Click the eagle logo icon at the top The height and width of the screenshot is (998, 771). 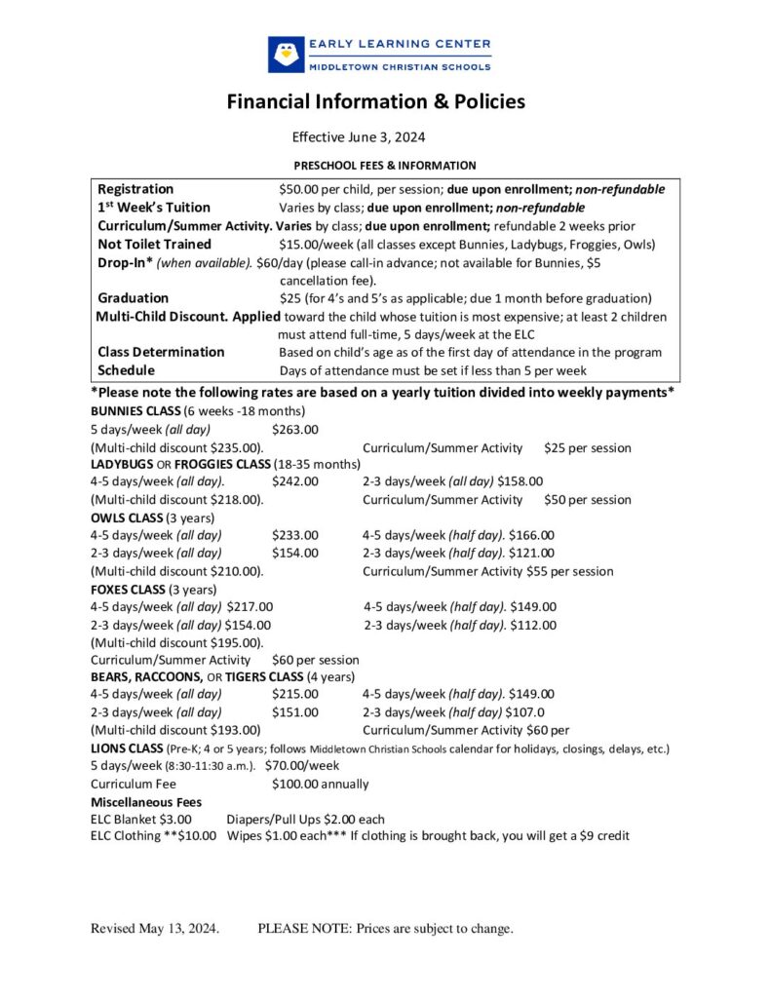[x=287, y=54]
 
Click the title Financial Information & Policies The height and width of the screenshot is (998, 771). [x=376, y=101]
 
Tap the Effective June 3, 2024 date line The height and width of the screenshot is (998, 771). [x=359, y=137]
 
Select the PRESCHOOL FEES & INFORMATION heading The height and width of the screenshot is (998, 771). [x=385, y=166]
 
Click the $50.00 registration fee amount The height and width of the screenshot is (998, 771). [x=300, y=189]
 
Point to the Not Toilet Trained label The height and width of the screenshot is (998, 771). [x=154, y=244]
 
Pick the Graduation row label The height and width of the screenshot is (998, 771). [x=133, y=297]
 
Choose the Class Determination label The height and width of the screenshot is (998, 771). [x=161, y=352]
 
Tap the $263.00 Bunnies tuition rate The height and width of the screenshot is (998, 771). [x=295, y=430]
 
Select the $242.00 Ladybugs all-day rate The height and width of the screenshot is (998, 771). [x=295, y=481]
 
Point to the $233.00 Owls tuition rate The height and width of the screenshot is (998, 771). [x=295, y=535]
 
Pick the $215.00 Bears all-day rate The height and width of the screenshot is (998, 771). [x=295, y=694]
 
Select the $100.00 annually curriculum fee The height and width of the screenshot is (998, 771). [x=321, y=784]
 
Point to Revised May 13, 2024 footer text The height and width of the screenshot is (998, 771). [x=155, y=929]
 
